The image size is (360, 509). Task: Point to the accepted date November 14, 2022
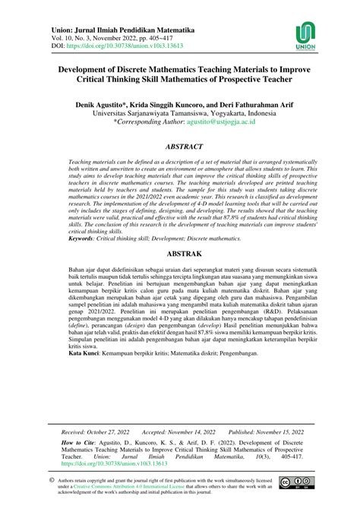point(208,430)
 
